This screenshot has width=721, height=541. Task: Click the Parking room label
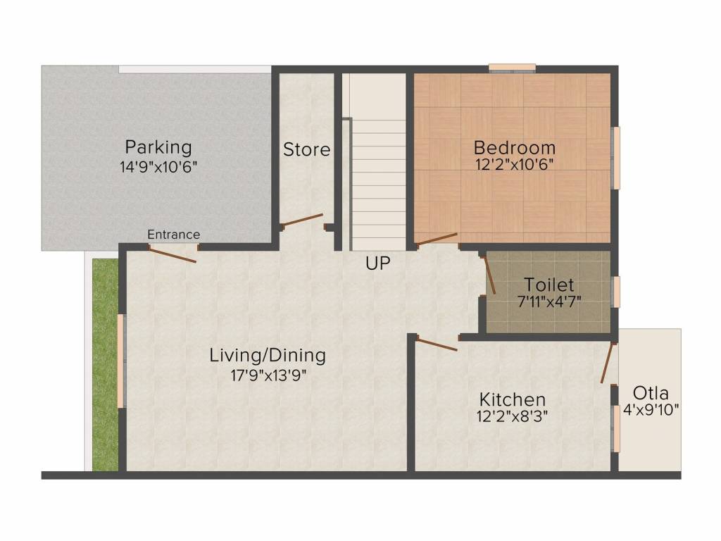[158, 147]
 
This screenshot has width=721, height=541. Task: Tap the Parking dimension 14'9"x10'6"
[158, 168]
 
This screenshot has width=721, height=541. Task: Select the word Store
[306, 149]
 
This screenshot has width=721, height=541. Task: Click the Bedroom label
[514, 148]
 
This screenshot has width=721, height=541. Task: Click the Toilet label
[549, 285]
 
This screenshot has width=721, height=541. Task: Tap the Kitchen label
[512, 399]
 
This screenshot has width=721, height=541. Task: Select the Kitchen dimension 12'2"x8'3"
[512, 416]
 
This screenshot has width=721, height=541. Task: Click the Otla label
[651, 392]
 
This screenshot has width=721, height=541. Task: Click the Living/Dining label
[268, 355]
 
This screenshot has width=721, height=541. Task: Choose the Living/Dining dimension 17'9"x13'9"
[268, 375]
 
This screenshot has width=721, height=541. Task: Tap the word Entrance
[174, 235]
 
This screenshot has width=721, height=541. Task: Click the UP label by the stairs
[377, 263]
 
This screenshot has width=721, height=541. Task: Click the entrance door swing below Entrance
[173, 255]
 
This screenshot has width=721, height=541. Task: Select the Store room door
[302, 220]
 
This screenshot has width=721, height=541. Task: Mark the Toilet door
[489, 275]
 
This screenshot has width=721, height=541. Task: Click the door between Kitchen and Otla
[608, 363]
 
